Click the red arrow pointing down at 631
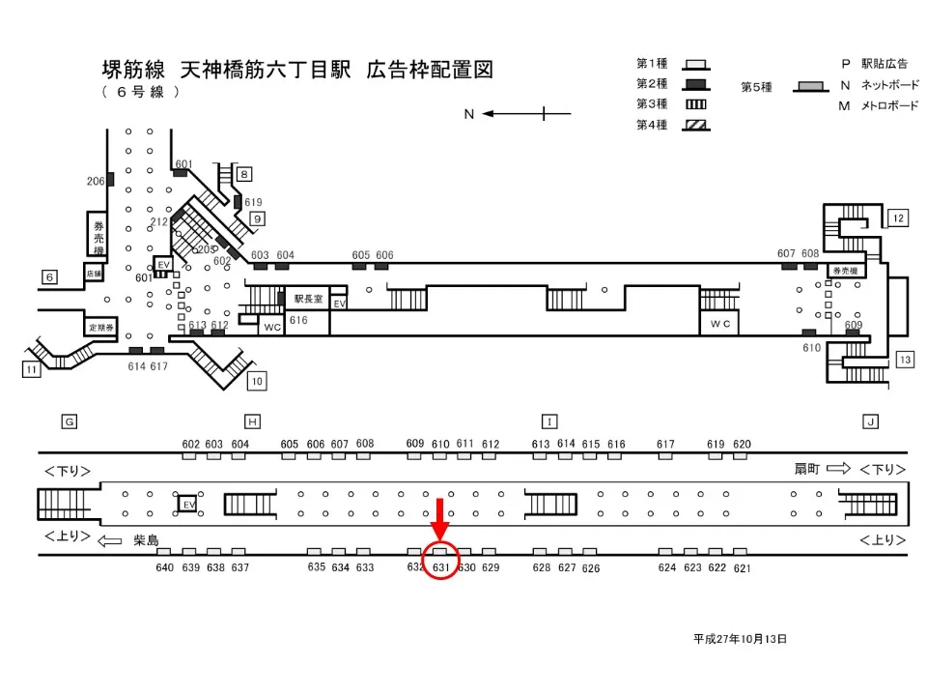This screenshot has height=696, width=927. pos(440,519)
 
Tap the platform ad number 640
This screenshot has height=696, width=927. pos(165,567)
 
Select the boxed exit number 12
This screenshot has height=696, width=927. pos(897,218)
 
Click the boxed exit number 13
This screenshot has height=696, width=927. pos(904,360)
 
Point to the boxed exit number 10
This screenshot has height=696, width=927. pos(256,381)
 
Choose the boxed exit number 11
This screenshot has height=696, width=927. pos(32,368)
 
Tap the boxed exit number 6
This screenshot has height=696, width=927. pos(49,277)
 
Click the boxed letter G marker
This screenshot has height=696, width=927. pos(69,421)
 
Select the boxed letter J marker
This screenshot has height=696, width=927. pos(870,421)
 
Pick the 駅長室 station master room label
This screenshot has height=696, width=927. pos(309,299)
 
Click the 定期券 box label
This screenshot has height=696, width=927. pos(101,327)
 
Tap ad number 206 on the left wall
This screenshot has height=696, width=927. pos(96,181)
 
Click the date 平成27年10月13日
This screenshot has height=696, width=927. pos(740,639)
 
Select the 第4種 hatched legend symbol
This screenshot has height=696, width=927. pos(695,125)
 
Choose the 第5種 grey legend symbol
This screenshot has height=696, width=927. pos(811,86)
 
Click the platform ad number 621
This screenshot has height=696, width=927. pos(742,568)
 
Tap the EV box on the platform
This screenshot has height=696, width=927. pos(187,504)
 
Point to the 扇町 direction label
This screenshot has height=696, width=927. pos(807,469)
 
